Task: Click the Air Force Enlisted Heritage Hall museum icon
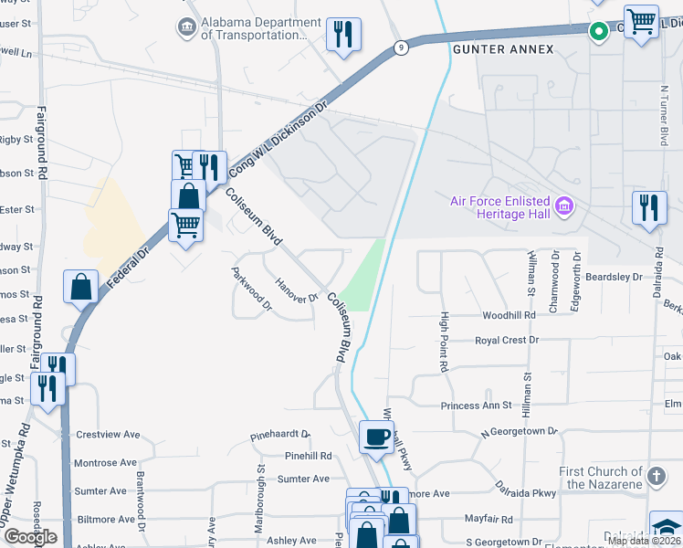click(x=564, y=206)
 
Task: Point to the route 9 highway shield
click(x=401, y=48)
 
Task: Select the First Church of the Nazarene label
click(x=602, y=478)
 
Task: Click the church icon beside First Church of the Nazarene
click(x=655, y=475)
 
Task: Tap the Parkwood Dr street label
click(x=252, y=288)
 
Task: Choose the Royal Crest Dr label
click(x=507, y=340)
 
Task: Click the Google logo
click(x=30, y=537)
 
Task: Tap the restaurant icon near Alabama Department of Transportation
click(x=344, y=34)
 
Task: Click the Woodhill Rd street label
click(x=509, y=315)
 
